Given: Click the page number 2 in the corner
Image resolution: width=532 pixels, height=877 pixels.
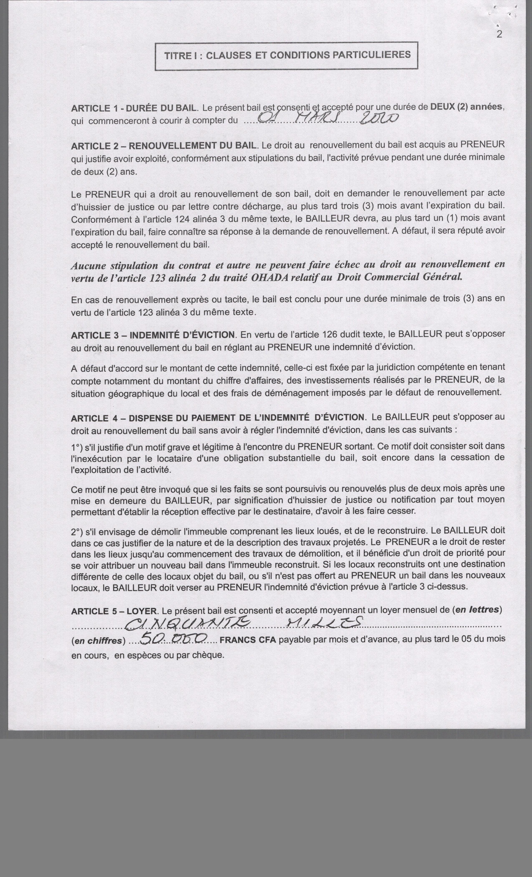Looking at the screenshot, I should coord(499,34).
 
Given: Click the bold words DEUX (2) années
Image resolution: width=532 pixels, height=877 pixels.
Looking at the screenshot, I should coord(467,106).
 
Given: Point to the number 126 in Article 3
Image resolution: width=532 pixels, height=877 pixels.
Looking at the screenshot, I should coord(329,334).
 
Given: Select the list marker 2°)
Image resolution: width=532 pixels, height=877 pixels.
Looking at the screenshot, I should coord(78,532).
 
